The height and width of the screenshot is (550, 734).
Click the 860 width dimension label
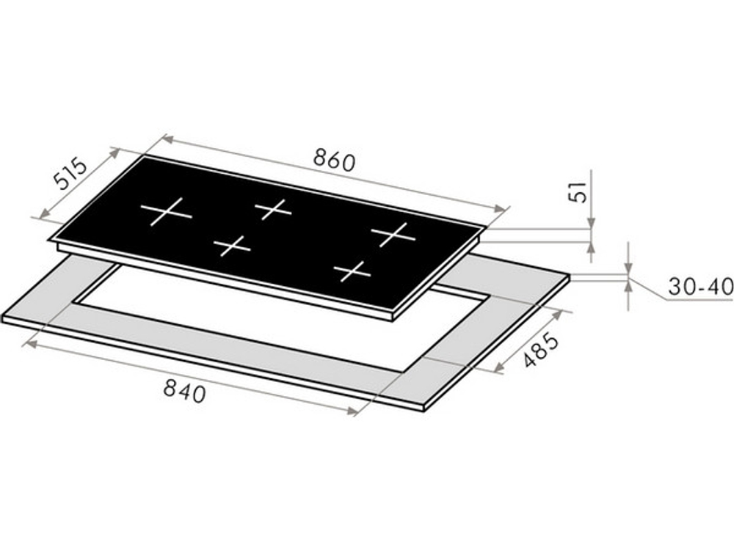[334, 160]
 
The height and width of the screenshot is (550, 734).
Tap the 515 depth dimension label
[70, 174]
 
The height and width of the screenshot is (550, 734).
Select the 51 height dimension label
[579, 191]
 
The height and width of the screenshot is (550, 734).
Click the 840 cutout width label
[184, 390]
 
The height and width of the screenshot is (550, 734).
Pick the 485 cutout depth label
[540, 349]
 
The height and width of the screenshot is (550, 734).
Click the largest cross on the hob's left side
[166, 212]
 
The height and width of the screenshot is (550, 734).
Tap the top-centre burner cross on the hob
[273, 208]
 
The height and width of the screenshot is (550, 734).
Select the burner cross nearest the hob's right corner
[393, 234]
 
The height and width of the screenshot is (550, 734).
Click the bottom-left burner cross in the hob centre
[232, 246]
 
